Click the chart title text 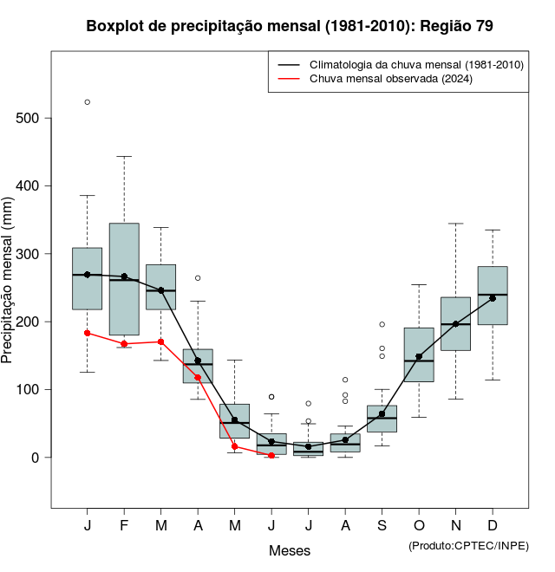pyautogui.click(x=290, y=26)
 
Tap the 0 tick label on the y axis pyautogui.click(x=36, y=458)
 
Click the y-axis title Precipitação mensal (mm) pyautogui.click(x=9, y=291)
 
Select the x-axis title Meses pyautogui.click(x=290, y=550)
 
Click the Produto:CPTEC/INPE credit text pyautogui.click(x=468, y=545)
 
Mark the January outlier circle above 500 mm pyautogui.click(x=87, y=102)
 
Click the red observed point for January pyautogui.click(x=87, y=333)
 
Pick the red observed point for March pyautogui.click(x=161, y=341)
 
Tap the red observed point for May pyautogui.click(x=235, y=446)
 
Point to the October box pyautogui.click(x=419, y=354)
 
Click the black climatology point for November pyautogui.click(x=456, y=323)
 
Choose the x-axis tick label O pyautogui.click(x=419, y=526)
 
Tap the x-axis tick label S pyautogui.click(x=382, y=526)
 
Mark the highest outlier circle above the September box pyautogui.click(x=382, y=324)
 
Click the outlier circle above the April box pyautogui.click(x=198, y=278)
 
